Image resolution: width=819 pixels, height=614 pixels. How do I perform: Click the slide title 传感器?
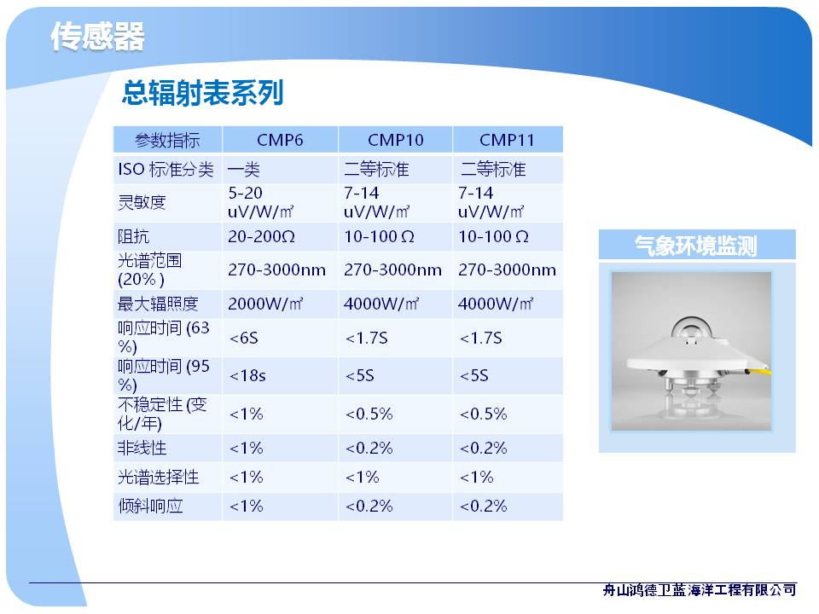click(97, 37)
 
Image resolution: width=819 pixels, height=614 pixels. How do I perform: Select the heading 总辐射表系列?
click(203, 93)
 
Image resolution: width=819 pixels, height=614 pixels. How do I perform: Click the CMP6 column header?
click(280, 140)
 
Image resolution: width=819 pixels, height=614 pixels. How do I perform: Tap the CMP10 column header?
click(395, 140)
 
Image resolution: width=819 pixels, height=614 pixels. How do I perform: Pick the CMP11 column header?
click(507, 140)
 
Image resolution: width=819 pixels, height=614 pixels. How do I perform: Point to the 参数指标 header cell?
click(167, 140)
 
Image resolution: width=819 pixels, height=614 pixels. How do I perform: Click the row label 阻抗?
click(134, 236)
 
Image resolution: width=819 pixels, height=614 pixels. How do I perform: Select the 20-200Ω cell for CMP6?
click(261, 236)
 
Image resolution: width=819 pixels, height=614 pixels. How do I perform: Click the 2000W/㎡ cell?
click(265, 304)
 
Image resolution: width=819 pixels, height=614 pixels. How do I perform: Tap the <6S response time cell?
click(243, 338)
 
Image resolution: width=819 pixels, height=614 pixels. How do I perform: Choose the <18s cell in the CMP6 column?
click(247, 375)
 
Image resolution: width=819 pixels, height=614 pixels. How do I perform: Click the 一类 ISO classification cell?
click(243, 169)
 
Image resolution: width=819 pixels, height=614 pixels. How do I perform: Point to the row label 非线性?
click(142, 448)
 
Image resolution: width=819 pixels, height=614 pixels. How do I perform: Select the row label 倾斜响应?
click(150, 506)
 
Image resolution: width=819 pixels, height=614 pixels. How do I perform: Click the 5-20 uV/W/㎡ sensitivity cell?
click(261, 203)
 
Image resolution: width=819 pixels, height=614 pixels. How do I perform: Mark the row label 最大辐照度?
click(159, 304)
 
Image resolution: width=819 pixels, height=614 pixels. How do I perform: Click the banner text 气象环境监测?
click(696, 246)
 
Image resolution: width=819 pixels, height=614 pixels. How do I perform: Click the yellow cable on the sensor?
click(759, 373)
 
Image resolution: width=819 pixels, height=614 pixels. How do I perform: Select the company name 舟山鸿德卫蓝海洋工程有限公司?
click(700, 590)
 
